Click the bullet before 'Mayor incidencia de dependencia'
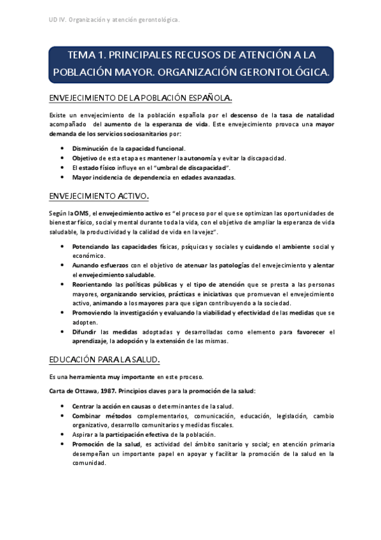[62, 177]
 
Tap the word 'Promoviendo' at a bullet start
[92, 313]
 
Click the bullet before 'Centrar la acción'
[62, 406]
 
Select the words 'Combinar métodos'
[100, 415]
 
